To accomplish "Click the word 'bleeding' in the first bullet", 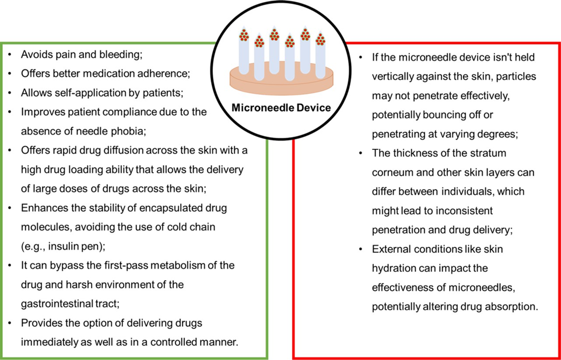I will point(120,54).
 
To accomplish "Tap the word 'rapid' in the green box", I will point(61,151).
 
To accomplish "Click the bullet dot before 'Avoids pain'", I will point(10,55).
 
